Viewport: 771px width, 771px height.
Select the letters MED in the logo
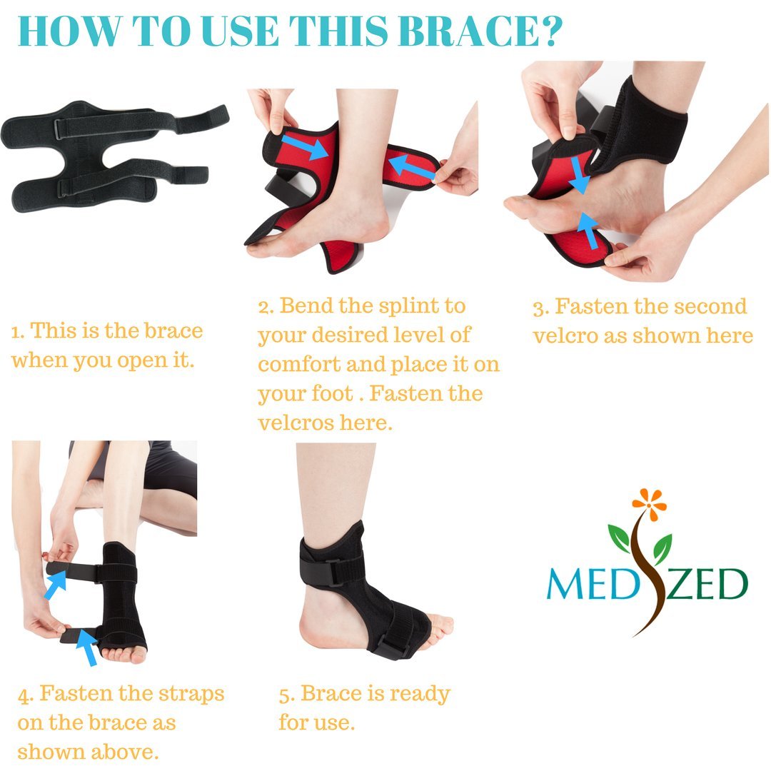(x=584, y=584)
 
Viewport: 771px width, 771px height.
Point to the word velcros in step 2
(x=292, y=422)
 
